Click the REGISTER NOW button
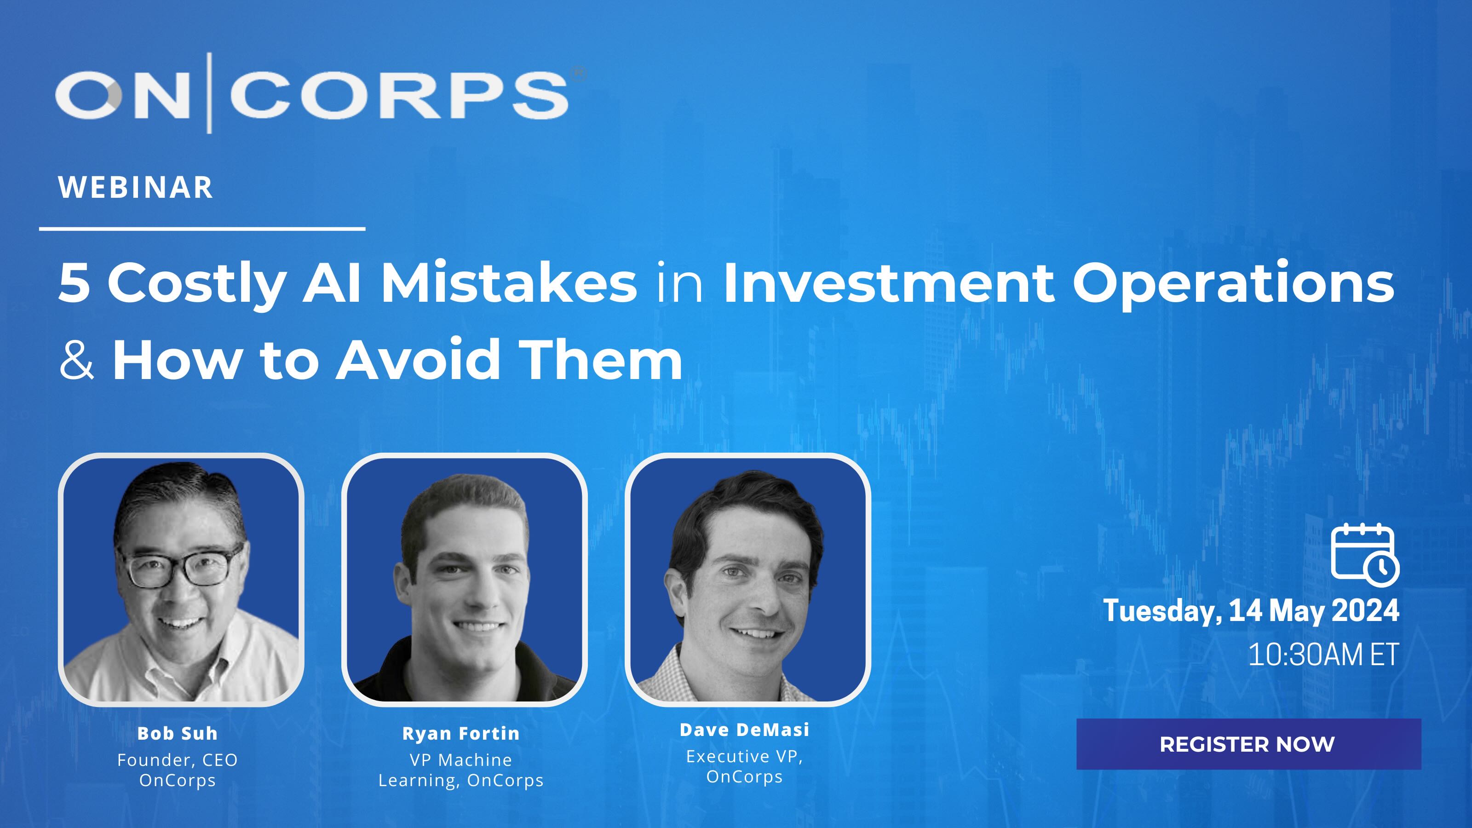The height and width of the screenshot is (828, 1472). click(x=1248, y=744)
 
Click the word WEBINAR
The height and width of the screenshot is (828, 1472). click(x=135, y=187)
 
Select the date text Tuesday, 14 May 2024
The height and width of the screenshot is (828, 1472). click(x=1251, y=610)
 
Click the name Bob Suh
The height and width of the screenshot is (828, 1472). click(x=177, y=733)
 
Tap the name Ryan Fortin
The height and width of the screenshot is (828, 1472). click(x=460, y=733)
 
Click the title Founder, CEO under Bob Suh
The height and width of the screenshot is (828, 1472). click(x=177, y=760)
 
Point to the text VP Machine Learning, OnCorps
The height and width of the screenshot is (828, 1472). click(x=460, y=770)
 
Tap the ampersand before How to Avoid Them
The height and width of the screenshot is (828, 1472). click(x=76, y=360)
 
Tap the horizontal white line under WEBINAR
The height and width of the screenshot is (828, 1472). click(x=202, y=229)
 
